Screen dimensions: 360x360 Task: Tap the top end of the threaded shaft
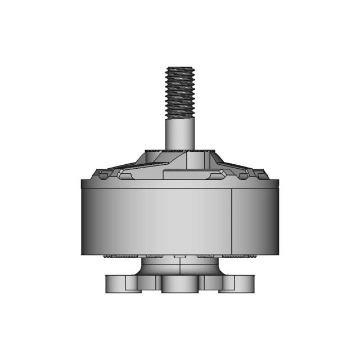click(x=179, y=67)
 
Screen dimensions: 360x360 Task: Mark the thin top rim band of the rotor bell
click(x=179, y=183)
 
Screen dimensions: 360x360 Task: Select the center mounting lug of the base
click(x=179, y=285)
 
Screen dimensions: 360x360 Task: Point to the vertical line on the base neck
click(x=179, y=267)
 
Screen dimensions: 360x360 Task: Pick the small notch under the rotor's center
click(x=179, y=256)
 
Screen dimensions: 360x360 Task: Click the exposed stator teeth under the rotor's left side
click(x=121, y=256)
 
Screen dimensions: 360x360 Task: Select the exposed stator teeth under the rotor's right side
click(x=239, y=256)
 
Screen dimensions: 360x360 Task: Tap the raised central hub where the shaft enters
click(x=179, y=155)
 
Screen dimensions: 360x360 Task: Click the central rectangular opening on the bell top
click(x=179, y=174)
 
